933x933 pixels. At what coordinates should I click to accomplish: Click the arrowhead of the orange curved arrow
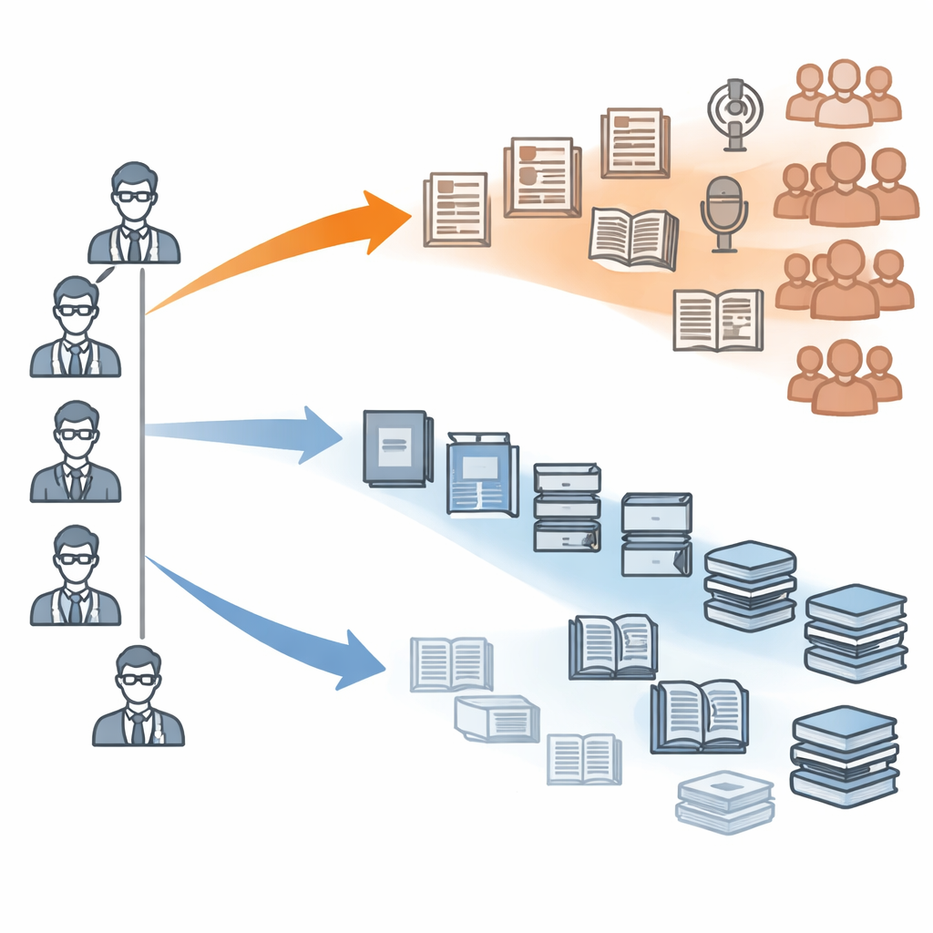click(387, 219)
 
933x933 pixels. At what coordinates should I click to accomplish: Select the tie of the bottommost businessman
click(138, 726)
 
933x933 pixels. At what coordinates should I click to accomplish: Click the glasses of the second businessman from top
click(75, 310)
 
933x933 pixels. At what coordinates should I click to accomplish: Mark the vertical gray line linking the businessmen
click(142, 456)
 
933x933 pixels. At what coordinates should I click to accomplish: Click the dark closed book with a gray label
click(396, 447)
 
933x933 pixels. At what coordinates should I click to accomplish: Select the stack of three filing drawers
click(566, 507)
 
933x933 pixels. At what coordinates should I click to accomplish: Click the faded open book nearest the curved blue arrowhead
click(451, 663)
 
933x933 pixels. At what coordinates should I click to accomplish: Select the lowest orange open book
click(717, 320)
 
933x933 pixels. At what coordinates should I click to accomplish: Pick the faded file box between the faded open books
click(497, 719)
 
